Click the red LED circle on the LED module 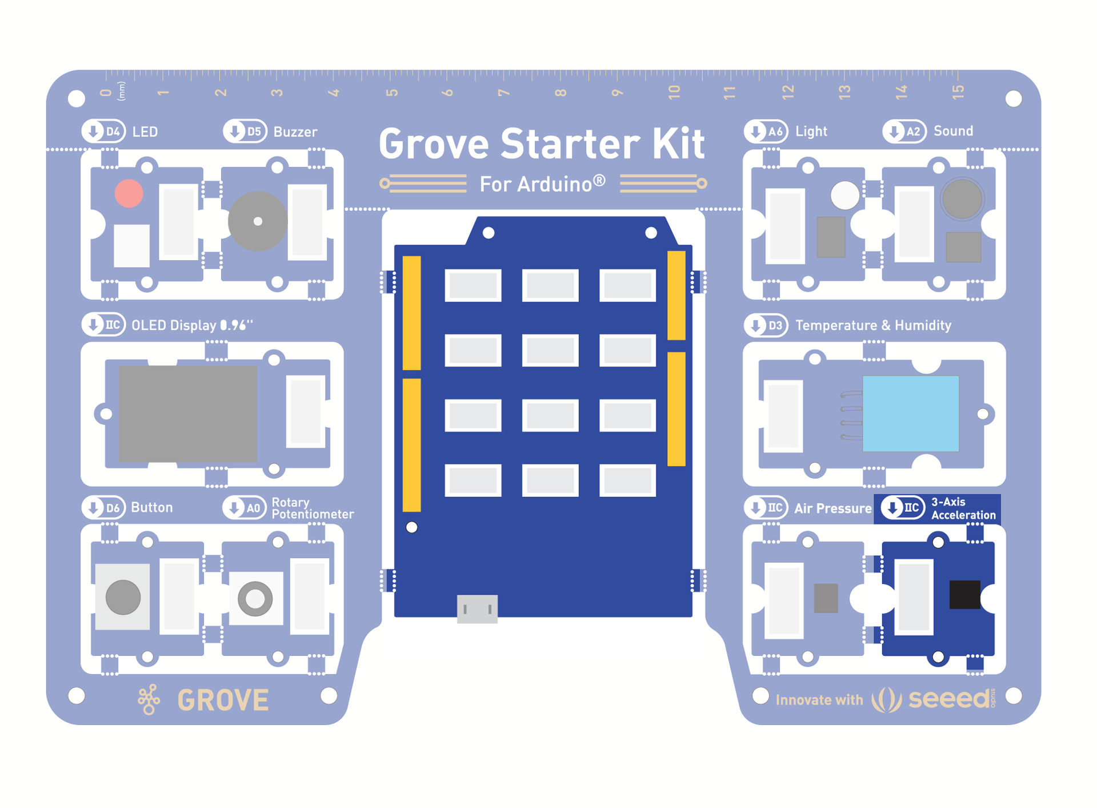coord(129,193)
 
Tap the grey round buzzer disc coord(258,221)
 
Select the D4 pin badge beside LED coord(103,132)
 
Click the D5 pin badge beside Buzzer coord(245,132)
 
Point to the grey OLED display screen coord(187,413)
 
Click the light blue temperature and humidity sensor coord(910,413)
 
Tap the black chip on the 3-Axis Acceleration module coord(964,594)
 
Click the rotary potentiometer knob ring coord(255,599)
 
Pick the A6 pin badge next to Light coord(766,132)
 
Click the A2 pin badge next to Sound coord(904,132)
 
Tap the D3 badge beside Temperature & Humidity coord(766,325)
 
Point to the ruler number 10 coord(674,91)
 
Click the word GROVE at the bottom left coord(223,700)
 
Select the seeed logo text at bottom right coord(949,699)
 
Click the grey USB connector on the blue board coord(477,608)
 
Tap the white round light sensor coord(844,195)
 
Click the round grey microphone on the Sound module coord(962,199)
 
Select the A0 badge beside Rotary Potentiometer coord(245,508)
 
